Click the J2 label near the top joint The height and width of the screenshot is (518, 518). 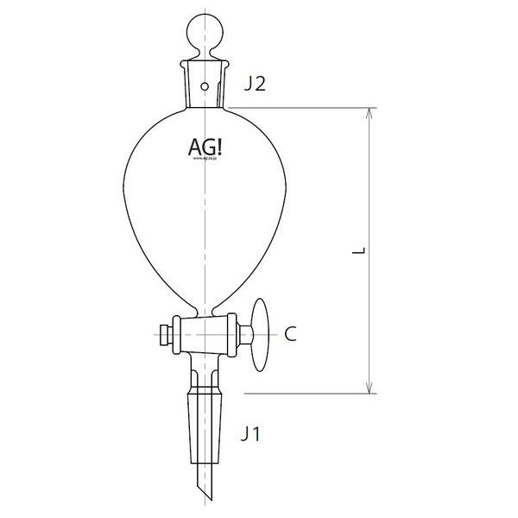coord(256,84)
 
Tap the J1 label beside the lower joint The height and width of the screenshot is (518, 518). coord(250,434)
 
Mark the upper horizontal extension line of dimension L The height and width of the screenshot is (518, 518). coord(302,108)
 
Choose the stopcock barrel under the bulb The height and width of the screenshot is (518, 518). coord(205,332)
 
